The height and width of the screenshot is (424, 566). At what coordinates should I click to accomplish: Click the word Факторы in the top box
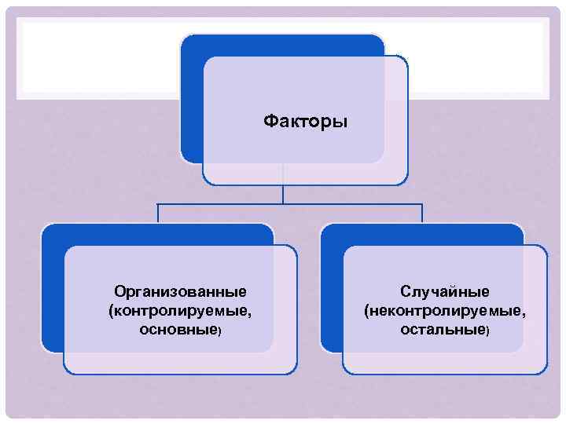click(306, 122)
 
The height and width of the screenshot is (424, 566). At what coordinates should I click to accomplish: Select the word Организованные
click(180, 292)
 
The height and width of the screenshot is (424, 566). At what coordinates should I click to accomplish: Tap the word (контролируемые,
click(180, 311)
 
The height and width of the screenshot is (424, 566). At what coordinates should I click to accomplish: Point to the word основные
click(178, 330)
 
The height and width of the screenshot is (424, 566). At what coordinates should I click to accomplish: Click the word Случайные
click(445, 292)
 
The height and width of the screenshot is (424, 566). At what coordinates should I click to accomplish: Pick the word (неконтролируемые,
click(445, 311)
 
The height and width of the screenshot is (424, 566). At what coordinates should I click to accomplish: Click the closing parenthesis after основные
click(220, 331)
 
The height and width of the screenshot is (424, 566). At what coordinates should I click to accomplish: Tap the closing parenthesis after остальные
click(487, 331)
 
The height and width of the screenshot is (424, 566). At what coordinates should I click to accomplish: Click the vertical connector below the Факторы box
click(283, 195)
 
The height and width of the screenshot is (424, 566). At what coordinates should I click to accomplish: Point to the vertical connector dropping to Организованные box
click(158, 214)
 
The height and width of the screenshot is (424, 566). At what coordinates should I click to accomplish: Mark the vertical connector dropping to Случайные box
click(422, 214)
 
